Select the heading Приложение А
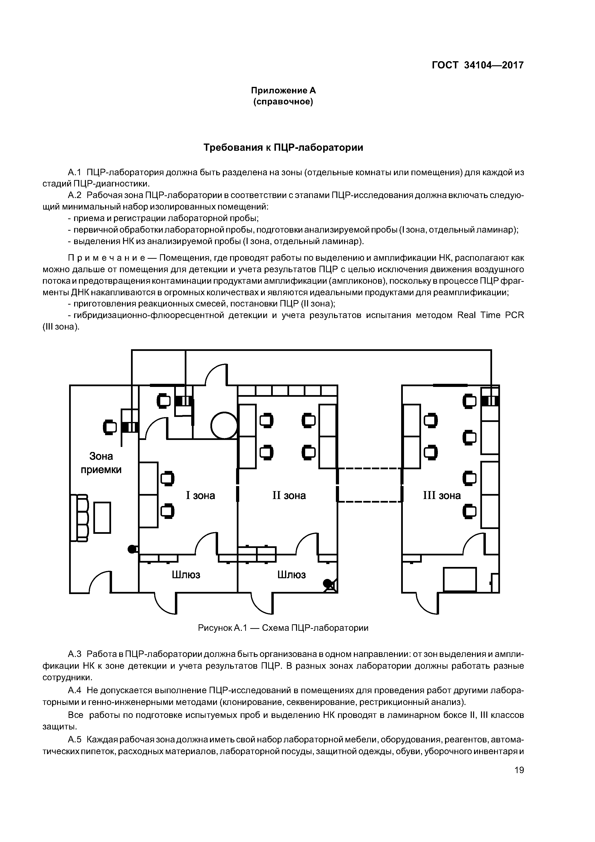click(x=283, y=90)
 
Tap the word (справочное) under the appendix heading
click(x=283, y=102)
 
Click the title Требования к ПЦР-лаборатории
click(x=283, y=147)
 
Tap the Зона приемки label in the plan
click(x=101, y=463)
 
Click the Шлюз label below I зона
click(x=186, y=575)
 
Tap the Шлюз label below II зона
click(x=292, y=575)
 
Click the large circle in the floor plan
click(x=224, y=425)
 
